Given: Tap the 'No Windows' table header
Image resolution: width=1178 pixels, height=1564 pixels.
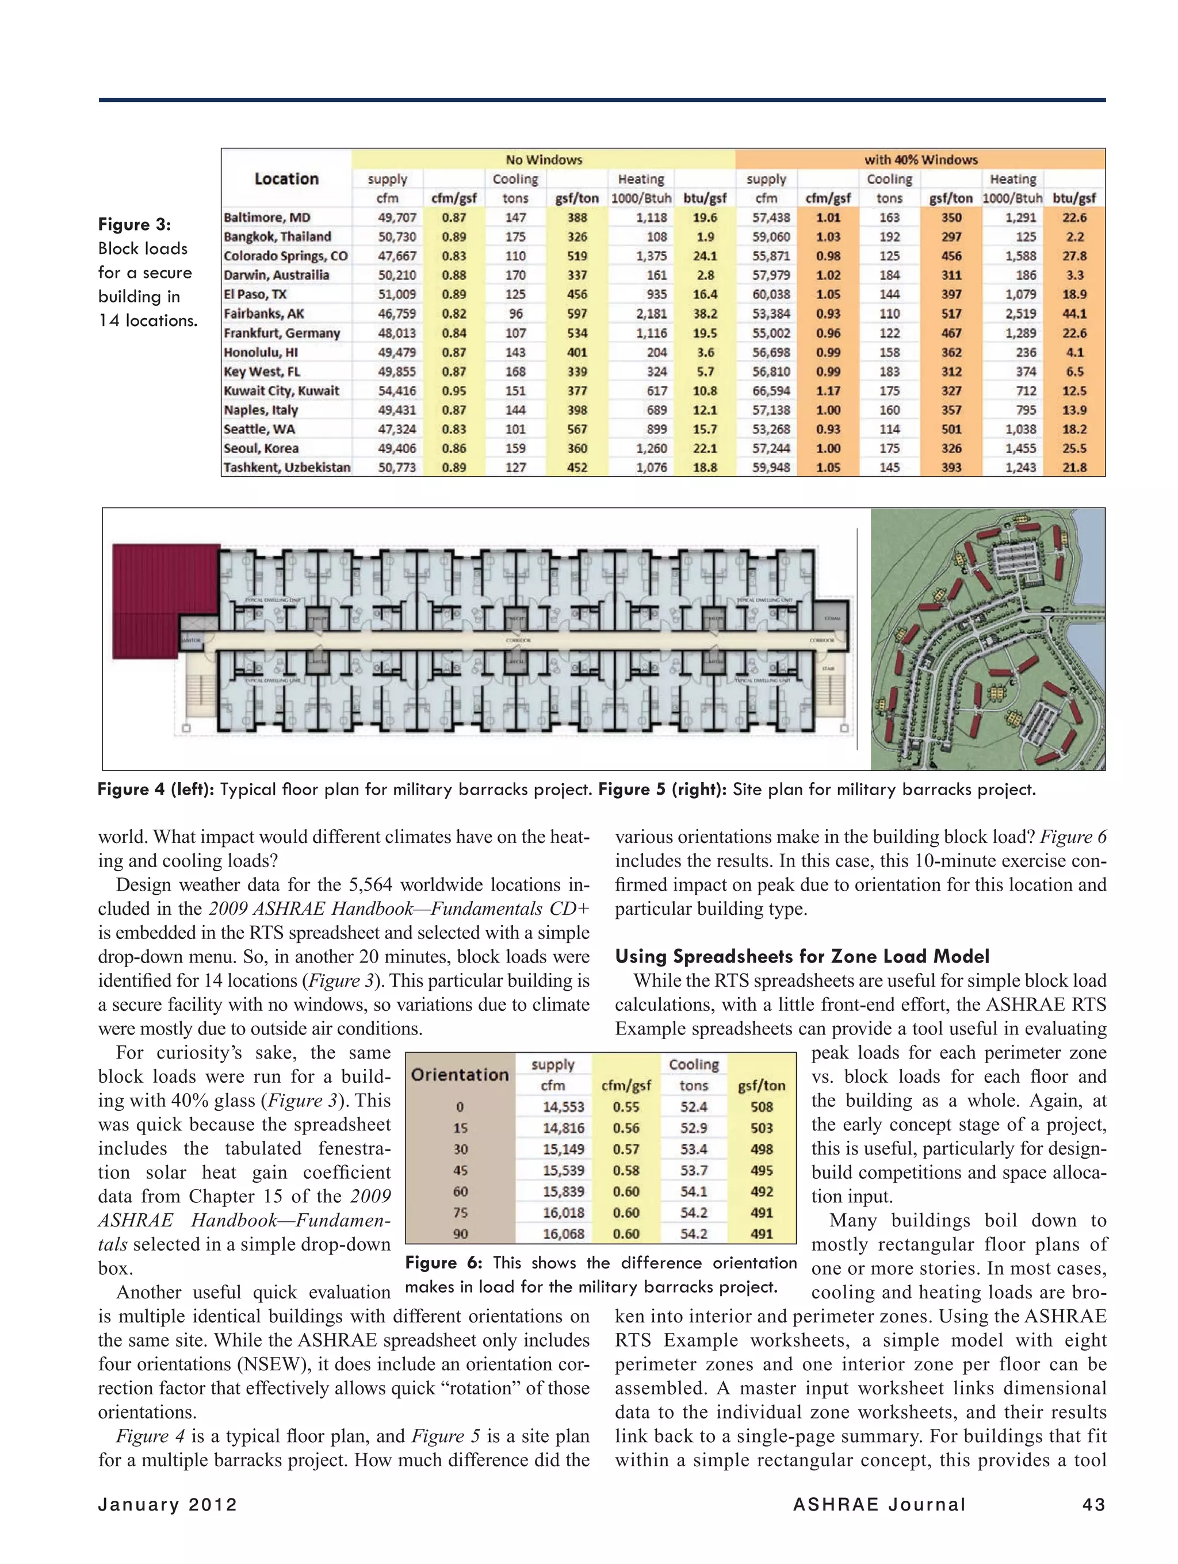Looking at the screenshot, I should coord(543,160).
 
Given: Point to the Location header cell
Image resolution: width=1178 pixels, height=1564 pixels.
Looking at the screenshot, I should coord(286,179).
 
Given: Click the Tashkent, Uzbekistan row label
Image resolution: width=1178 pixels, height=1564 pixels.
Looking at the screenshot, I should coord(286,467).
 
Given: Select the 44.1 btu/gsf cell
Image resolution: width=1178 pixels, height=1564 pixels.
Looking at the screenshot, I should coord(1074,314).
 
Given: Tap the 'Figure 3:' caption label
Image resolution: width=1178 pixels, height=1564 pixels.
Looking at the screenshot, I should coord(135,224).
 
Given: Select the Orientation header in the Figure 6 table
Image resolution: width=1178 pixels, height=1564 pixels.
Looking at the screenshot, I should coord(460,1075).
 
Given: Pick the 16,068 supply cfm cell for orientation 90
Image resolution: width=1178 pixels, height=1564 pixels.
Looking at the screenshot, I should coord(563,1234).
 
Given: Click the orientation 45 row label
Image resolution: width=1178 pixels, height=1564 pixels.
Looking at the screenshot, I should coord(460,1170).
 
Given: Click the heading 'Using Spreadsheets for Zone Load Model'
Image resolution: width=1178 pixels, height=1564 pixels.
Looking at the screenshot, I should coord(802,957).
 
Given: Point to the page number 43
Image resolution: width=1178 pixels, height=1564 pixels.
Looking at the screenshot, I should coord(1093,1505).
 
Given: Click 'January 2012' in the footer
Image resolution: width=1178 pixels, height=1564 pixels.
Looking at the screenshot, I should coord(167,1505).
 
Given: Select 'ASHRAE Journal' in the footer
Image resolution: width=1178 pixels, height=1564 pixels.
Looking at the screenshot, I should coord(879,1505).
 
